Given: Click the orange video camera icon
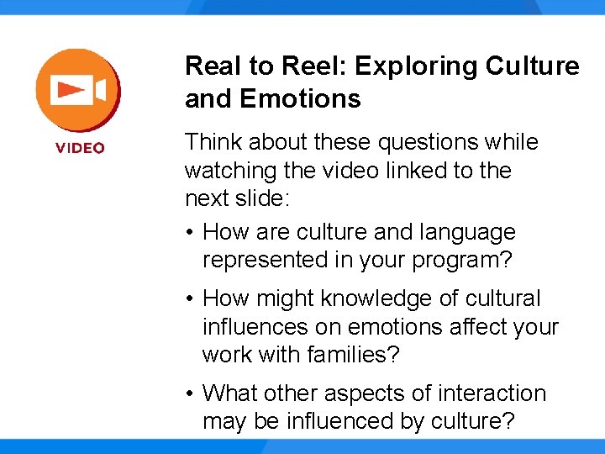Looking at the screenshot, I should (76, 90).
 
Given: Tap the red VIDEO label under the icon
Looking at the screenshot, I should (81, 148).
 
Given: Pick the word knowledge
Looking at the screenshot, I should (362, 298).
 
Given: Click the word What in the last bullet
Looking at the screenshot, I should (230, 393).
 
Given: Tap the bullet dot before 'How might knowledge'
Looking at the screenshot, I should (192, 299).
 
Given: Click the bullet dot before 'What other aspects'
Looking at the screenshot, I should (192, 394).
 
